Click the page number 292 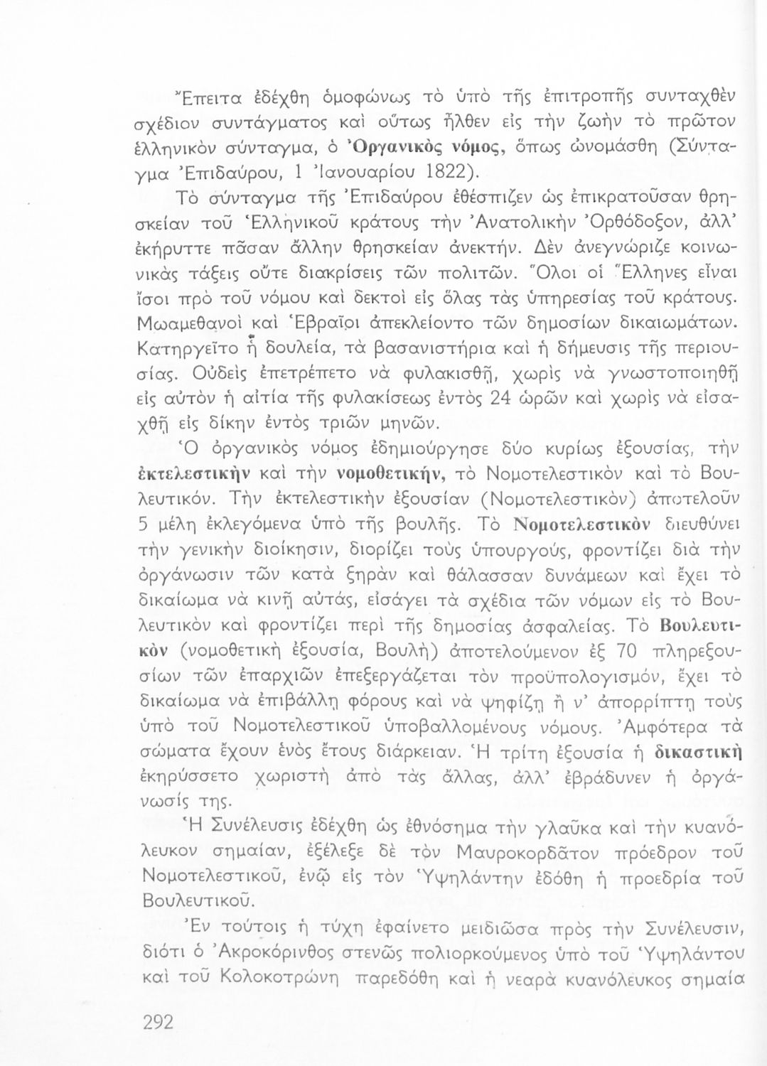pyautogui.click(x=159, y=1023)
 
